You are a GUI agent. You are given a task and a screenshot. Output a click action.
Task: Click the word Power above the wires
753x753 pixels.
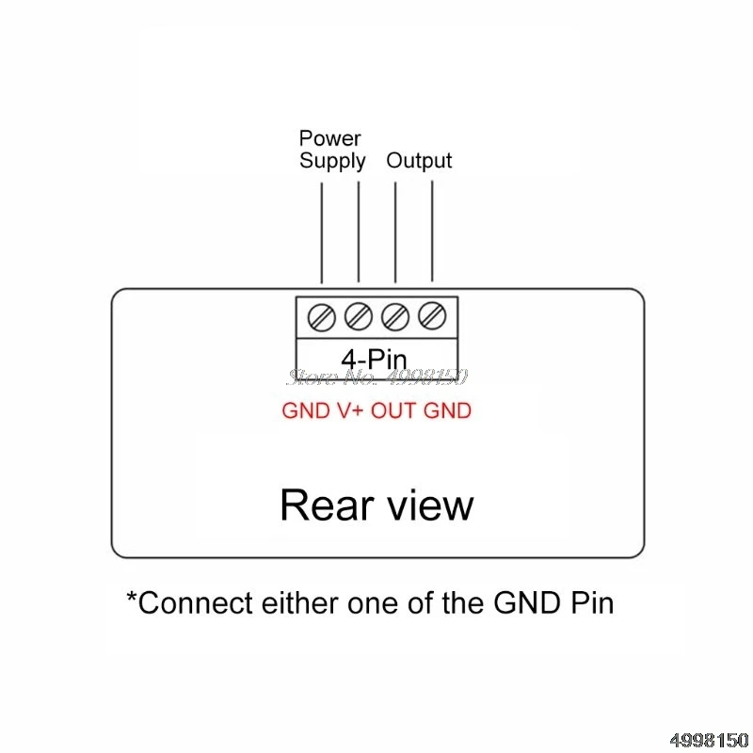329,139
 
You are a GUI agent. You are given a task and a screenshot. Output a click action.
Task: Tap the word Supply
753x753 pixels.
332,161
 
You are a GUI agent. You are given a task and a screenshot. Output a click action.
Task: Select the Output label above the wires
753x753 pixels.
419,161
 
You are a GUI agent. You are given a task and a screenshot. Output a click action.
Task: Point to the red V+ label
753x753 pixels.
344,410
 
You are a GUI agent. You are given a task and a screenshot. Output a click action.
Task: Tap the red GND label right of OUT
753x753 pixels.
447,410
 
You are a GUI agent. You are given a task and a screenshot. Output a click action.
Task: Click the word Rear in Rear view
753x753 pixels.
322,505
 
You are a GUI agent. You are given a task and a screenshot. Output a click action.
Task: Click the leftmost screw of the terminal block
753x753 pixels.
322,317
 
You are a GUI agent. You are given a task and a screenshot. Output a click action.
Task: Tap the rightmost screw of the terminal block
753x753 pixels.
431,317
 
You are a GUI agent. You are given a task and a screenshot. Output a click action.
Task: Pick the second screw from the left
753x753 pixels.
359,317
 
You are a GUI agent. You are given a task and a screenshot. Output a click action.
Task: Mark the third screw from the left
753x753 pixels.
395,317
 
